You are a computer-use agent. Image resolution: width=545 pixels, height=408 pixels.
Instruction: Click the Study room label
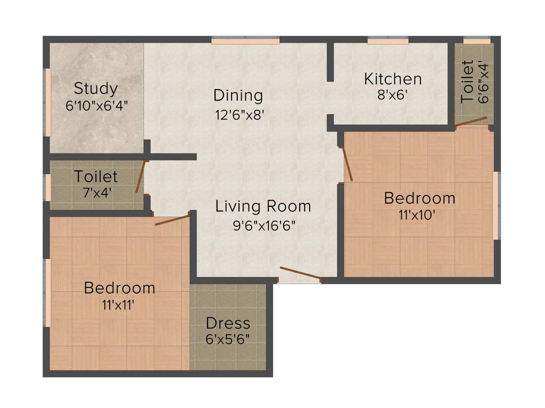[96, 88]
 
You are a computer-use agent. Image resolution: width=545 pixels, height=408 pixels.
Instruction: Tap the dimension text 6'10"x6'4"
[96, 105]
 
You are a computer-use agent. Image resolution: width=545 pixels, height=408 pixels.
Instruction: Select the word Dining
[238, 96]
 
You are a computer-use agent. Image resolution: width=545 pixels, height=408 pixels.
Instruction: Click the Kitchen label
[393, 79]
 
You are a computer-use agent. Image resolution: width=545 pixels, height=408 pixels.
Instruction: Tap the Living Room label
[263, 206]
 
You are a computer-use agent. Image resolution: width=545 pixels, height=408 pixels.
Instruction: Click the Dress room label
[228, 323]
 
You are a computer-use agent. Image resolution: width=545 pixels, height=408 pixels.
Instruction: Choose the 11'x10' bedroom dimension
[419, 215]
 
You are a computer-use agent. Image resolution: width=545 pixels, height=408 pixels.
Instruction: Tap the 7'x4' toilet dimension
[96, 192]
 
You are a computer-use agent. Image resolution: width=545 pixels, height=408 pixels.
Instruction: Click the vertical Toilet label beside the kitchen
[467, 81]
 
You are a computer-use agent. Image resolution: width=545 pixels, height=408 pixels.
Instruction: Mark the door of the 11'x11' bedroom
[172, 220]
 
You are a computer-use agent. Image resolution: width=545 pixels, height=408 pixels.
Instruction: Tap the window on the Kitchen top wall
[387, 40]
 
